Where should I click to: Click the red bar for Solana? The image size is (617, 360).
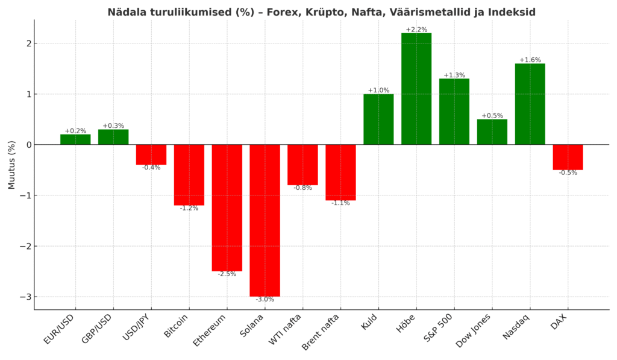265,220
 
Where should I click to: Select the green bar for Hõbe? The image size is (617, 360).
416,89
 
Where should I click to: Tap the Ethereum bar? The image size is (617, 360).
227,207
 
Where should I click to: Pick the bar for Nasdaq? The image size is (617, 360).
530,104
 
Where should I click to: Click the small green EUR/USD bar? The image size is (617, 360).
75,139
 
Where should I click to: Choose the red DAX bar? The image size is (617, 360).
568,157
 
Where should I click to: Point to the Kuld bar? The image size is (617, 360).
378,119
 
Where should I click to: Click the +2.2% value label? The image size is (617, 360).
416,30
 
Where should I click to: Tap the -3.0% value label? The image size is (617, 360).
265,299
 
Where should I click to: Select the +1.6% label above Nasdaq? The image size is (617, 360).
530,60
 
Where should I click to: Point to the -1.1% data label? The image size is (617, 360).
340,203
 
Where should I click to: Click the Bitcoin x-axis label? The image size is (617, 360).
177,326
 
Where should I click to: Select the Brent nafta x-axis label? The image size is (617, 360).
323,332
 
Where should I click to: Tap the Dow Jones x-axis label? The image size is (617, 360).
474,330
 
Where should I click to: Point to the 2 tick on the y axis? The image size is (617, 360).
27,43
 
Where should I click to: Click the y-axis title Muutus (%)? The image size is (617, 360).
12,165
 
